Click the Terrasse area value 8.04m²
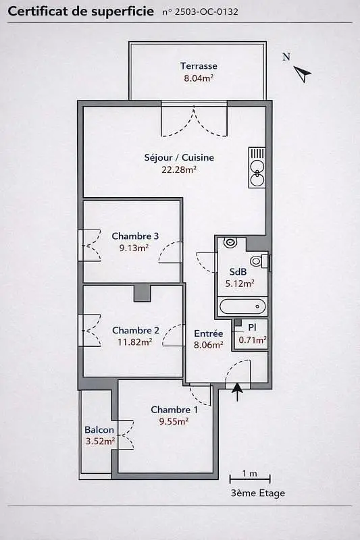(199, 78)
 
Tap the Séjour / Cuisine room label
(179, 157)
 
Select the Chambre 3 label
(135, 236)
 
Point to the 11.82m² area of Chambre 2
(134, 342)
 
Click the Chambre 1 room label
(174, 410)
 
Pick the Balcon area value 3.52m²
(100, 441)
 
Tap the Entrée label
(209, 333)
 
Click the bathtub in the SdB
(243, 306)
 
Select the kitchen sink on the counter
(257, 174)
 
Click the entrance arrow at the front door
(237, 392)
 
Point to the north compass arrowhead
(303, 74)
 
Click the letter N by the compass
(286, 57)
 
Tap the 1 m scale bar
(250, 479)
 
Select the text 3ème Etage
(258, 493)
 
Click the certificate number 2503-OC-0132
(207, 12)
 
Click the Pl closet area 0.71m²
(253, 340)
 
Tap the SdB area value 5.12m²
(240, 283)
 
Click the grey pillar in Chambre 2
(143, 293)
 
